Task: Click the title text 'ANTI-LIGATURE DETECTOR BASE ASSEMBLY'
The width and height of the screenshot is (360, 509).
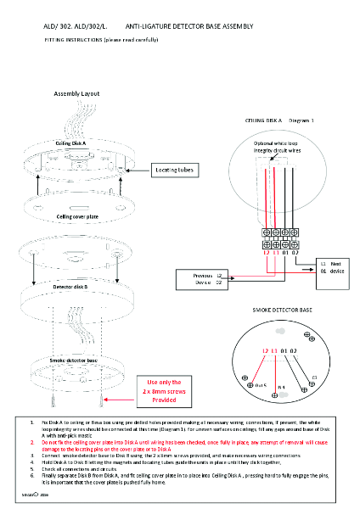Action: pos(183,27)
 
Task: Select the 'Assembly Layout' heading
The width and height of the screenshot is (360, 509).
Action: pos(77,92)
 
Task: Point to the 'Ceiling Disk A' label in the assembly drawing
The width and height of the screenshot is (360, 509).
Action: pos(70,144)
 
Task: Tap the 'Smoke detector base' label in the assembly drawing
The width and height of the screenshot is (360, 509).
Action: pos(75,361)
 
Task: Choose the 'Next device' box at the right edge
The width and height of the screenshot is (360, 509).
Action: pos(332,266)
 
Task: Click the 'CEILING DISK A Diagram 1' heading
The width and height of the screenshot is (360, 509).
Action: pos(279,121)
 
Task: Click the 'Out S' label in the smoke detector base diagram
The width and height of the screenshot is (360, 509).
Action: pos(261,385)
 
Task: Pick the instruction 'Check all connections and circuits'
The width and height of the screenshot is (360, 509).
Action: pos(84,468)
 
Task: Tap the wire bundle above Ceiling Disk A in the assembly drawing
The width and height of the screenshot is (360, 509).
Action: pos(75,120)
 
